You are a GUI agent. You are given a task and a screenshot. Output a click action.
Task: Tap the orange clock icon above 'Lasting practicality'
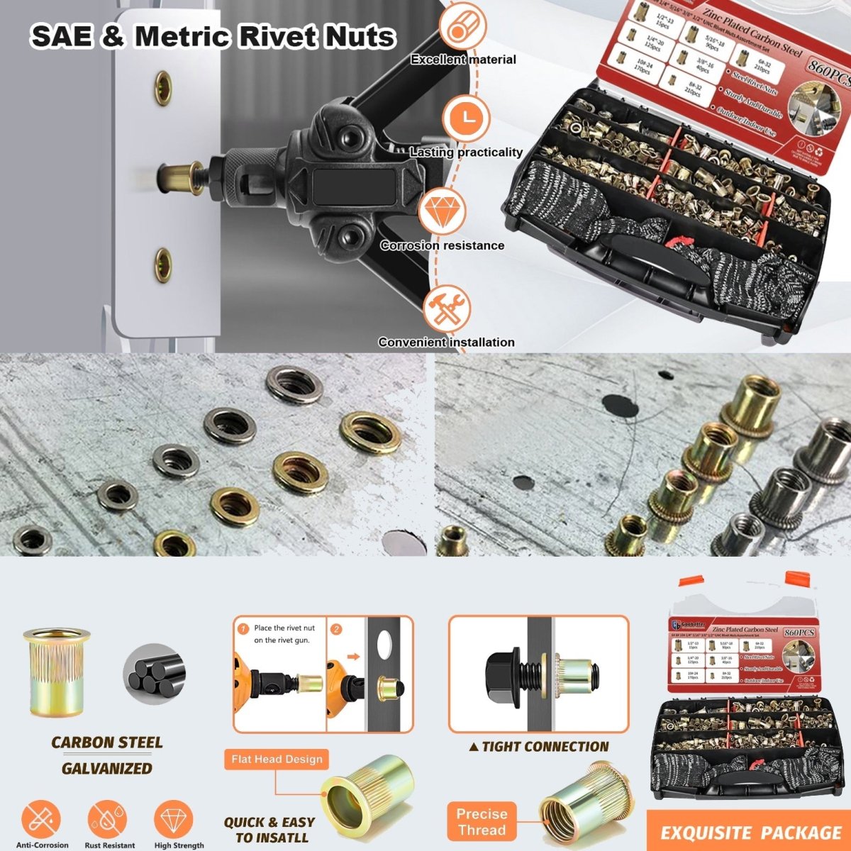click(x=467, y=117)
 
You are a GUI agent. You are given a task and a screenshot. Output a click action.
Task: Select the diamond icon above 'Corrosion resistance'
click(x=443, y=211)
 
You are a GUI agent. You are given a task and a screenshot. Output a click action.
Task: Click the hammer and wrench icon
click(x=447, y=307)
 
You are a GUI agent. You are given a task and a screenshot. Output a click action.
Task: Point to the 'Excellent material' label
click(x=463, y=60)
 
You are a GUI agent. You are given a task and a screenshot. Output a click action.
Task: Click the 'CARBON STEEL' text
click(x=106, y=742)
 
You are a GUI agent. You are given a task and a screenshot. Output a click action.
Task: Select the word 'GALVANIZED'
click(x=106, y=768)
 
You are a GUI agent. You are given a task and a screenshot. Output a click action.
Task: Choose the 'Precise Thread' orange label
click(x=482, y=822)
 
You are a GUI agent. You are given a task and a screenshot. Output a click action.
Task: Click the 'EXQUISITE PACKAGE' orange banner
click(x=750, y=833)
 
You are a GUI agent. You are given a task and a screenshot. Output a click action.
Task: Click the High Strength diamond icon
click(x=174, y=819)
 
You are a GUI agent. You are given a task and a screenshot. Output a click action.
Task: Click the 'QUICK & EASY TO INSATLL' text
click(x=269, y=830)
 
